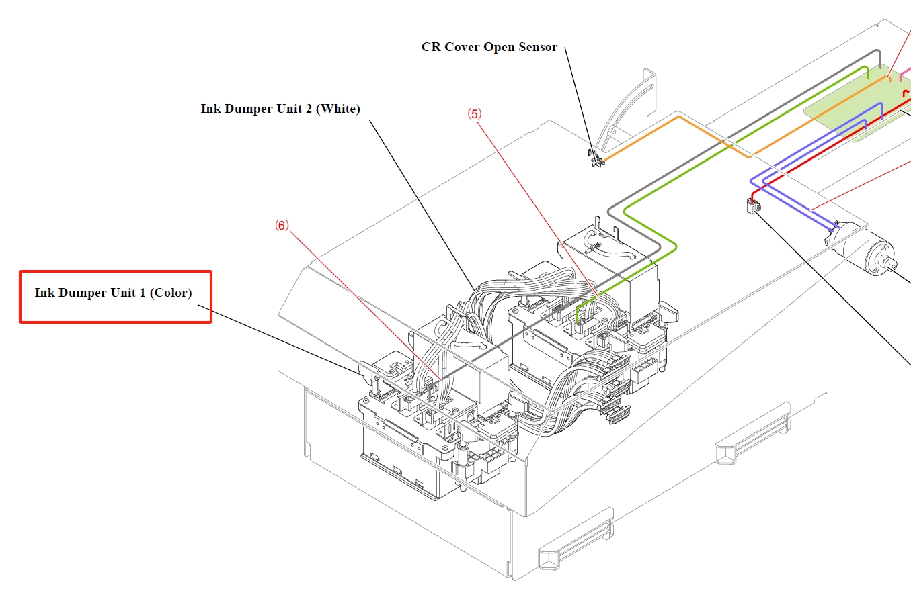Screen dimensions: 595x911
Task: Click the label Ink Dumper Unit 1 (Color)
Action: tap(114, 293)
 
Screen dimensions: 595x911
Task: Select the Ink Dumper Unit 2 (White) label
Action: tap(280, 109)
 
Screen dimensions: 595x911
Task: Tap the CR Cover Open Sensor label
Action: tap(489, 47)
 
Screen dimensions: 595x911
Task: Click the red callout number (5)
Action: tap(475, 114)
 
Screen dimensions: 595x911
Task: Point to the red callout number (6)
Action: tap(282, 226)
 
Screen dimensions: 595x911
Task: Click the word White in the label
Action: tap(340, 109)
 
